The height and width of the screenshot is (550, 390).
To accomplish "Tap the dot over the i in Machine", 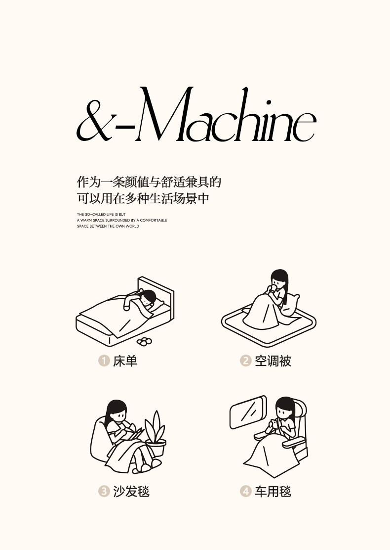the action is pos(269,103).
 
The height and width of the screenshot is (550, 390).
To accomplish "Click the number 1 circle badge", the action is pos(104,361).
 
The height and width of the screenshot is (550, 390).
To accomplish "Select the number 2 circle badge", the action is pos(246,361).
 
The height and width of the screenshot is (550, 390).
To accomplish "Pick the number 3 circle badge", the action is pos(104,491).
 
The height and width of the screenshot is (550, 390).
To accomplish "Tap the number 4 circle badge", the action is pos(246,491).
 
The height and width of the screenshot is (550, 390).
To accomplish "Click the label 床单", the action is pos(125,361).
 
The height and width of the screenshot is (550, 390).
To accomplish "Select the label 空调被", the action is pos(273,361).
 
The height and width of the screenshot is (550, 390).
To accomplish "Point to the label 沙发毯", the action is pos(131,492).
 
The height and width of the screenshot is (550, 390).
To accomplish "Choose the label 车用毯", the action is pos(273,492).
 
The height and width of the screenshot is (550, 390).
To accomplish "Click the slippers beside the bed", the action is pos(144,341).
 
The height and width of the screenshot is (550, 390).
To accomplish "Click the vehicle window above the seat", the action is pos(248,412).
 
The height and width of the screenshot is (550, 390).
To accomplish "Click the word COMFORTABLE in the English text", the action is pos(154,220).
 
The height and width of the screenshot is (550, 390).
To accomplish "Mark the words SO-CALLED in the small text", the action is pos(95,214).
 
